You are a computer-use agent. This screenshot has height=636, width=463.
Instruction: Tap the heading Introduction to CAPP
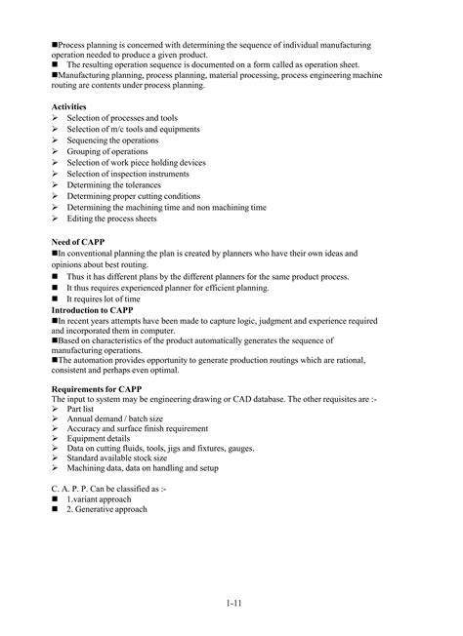pyautogui.click(x=96, y=309)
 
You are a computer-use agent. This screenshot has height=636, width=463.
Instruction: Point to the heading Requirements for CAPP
pyautogui.click(x=99, y=387)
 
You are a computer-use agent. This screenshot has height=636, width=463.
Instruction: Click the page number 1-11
pyautogui.click(x=231, y=603)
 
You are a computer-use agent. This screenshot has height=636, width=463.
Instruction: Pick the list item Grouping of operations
pyautogui.click(x=109, y=151)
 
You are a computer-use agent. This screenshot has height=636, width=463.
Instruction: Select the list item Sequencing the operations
pyautogui.click(x=112, y=139)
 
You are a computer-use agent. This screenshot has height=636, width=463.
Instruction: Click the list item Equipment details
pyautogui.click(x=102, y=438)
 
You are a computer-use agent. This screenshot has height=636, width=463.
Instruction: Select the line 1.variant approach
pyautogui.click(x=105, y=498)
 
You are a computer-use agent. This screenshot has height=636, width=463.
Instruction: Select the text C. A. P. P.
pyautogui.click(x=68, y=487)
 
